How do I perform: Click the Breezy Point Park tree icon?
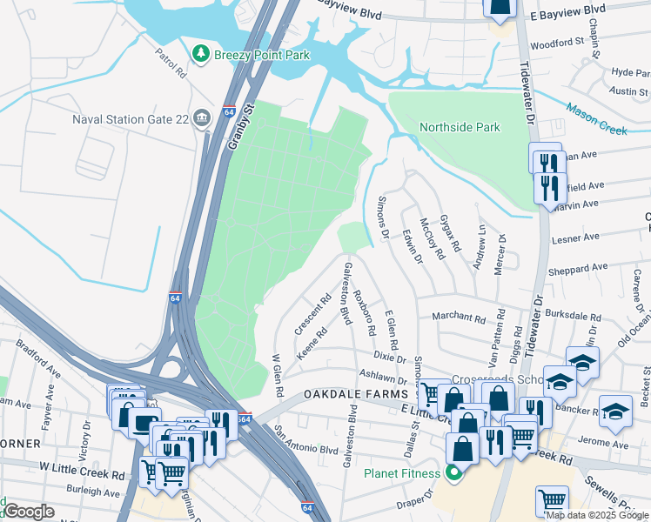202,55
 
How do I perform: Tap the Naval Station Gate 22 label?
129,117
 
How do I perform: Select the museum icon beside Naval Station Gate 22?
203,117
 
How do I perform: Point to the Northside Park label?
460,127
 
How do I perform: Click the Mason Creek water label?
596,119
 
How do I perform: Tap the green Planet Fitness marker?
452,473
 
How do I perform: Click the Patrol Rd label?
171,63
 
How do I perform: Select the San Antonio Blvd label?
305,440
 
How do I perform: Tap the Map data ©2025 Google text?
597,515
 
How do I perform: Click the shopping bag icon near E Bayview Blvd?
500,8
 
